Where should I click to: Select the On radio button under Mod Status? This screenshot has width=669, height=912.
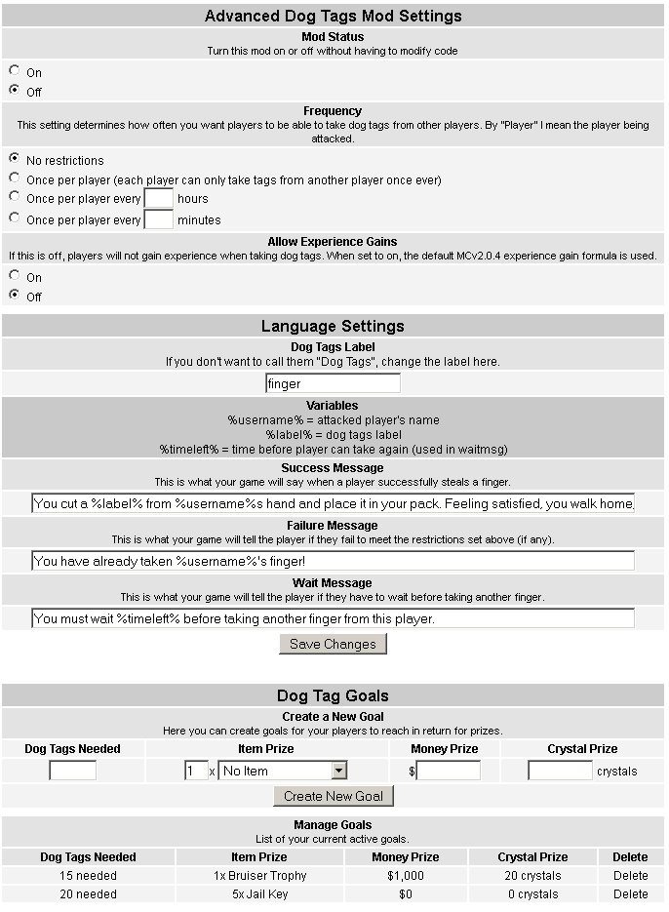coord(14,71)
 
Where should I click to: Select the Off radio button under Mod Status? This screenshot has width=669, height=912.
coord(14,91)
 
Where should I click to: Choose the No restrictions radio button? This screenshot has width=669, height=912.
coord(14,159)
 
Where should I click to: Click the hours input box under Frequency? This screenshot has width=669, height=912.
coord(158,199)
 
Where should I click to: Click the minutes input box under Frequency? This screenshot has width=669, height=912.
coord(158,219)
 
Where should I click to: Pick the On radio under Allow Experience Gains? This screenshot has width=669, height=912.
coord(14,276)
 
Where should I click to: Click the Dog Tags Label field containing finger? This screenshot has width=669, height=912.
coord(333,383)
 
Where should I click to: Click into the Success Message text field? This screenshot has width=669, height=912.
coord(333,503)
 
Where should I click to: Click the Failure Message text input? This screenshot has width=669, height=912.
coord(333,561)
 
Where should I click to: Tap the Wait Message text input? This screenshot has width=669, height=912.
coord(333,618)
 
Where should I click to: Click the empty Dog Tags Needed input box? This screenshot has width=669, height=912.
coord(73,771)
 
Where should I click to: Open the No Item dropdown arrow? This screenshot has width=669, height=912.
coord(338,771)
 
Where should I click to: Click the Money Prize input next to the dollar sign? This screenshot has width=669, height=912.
coord(449,771)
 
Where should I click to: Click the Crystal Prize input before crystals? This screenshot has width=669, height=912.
coord(560,771)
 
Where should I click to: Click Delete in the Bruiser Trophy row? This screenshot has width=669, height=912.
coord(630,876)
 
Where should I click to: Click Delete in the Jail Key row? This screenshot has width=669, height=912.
coord(630,893)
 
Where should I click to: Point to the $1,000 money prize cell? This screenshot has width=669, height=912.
coord(405,876)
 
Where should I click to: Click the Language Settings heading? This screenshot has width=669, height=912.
coord(333,326)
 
